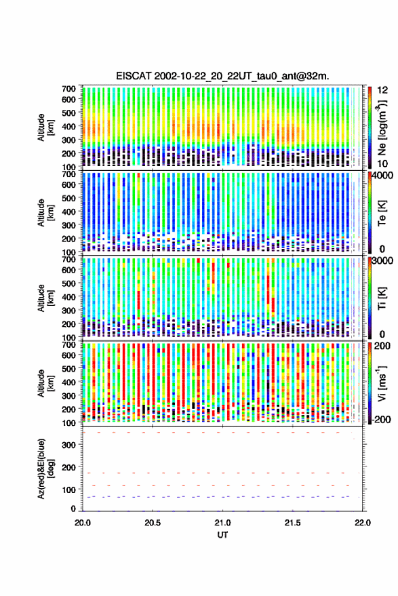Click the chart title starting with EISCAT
point(222,76)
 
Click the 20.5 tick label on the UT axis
point(153,523)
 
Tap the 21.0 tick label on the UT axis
point(222,523)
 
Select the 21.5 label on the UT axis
point(292,523)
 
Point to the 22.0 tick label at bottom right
point(362,523)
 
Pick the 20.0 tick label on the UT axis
point(83,523)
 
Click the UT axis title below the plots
point(222,535)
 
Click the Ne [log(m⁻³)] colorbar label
point(382,127)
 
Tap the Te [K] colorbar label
point(382,213)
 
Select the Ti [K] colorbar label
point(382,298)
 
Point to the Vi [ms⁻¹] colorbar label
point(382,383)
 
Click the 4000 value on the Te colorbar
point(382,176)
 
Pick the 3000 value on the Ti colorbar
point(382,261)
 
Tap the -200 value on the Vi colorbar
point(381,420)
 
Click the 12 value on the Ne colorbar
point(383,90)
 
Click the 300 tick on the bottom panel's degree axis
point(68,445)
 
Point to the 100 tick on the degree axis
point(68,490)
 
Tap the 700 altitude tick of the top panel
point(68,89)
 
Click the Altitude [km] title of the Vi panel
point(45,383)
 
